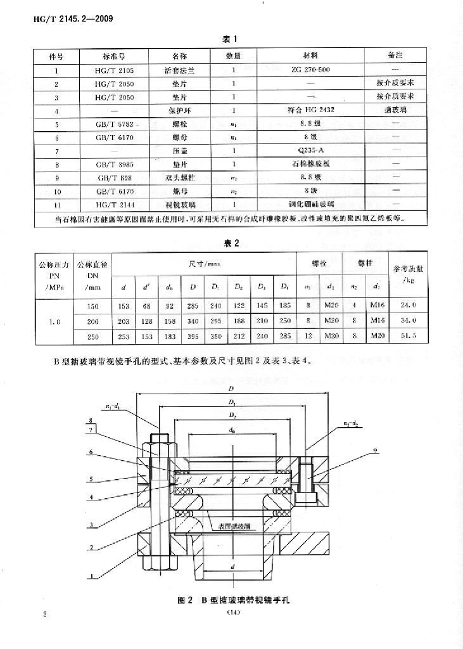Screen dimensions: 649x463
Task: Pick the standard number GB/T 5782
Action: [115, 124]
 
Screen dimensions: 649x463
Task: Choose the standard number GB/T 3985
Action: [115, 165]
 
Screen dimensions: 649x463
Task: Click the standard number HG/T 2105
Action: [115, 69]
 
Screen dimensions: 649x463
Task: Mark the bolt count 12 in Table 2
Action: [308, 335]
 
